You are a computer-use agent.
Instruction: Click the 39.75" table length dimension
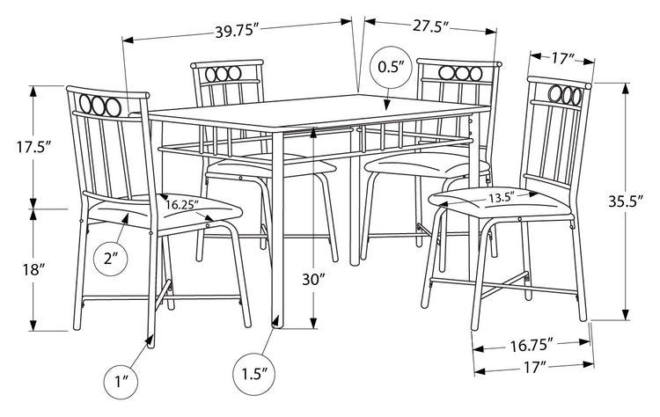coord(236,31)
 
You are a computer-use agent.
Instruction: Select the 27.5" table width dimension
coord(429,26)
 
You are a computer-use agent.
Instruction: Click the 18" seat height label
coord(34,269)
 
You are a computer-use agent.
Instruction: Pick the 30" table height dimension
coord(313,279)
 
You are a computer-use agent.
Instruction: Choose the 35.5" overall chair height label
coord(627,201)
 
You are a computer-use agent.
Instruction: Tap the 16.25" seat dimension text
coord(181,205)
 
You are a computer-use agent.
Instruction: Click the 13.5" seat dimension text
coord(502,198)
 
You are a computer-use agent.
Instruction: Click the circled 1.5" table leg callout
coord(254,373)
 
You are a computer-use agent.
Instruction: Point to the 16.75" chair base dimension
coord(532,346)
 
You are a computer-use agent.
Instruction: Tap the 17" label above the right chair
coord(561,59)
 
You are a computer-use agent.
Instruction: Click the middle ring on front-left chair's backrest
coord(99,106)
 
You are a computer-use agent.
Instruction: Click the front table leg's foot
coord(277,321)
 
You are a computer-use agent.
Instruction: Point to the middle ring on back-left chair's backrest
coord(222,74)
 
